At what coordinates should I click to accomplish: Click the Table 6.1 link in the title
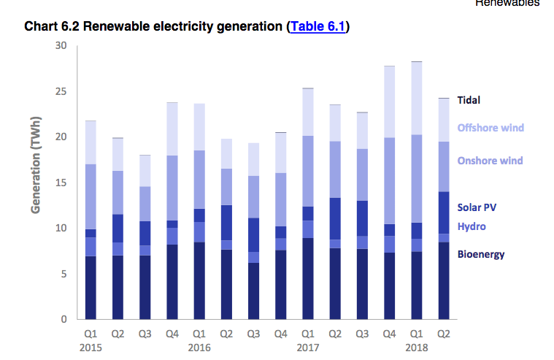(319, 26)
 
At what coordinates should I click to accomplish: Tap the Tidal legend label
(469, 100)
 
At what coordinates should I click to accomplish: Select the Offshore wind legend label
(490, 128)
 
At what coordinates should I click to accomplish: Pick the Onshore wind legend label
(490, 161)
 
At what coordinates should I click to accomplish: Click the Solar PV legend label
(477, 207)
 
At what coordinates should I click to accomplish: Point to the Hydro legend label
(472, 226)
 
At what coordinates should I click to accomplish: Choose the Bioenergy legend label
(481, 254)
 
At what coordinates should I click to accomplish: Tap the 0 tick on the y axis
(64, 319)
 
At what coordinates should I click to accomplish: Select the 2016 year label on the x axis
(199, 348)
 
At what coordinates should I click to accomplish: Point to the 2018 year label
(415, 348)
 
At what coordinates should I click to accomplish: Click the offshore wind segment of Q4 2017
(389, 102)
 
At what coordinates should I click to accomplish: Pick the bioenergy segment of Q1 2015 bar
(91, 288)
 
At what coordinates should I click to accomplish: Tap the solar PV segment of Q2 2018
(443, 212)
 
